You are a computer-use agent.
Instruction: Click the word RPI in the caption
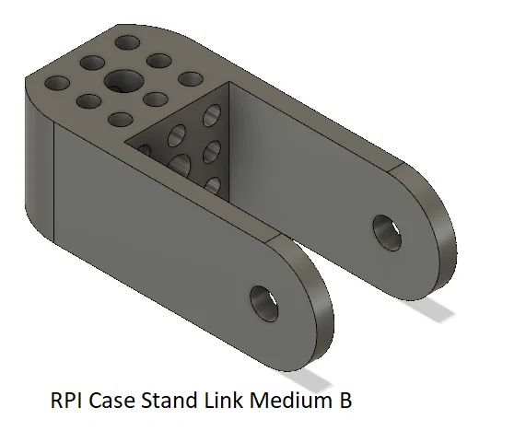tap(66, 400)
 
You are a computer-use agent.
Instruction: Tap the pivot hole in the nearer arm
tap(264, 304)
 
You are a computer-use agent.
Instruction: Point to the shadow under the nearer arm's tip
tap(307, 379)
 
